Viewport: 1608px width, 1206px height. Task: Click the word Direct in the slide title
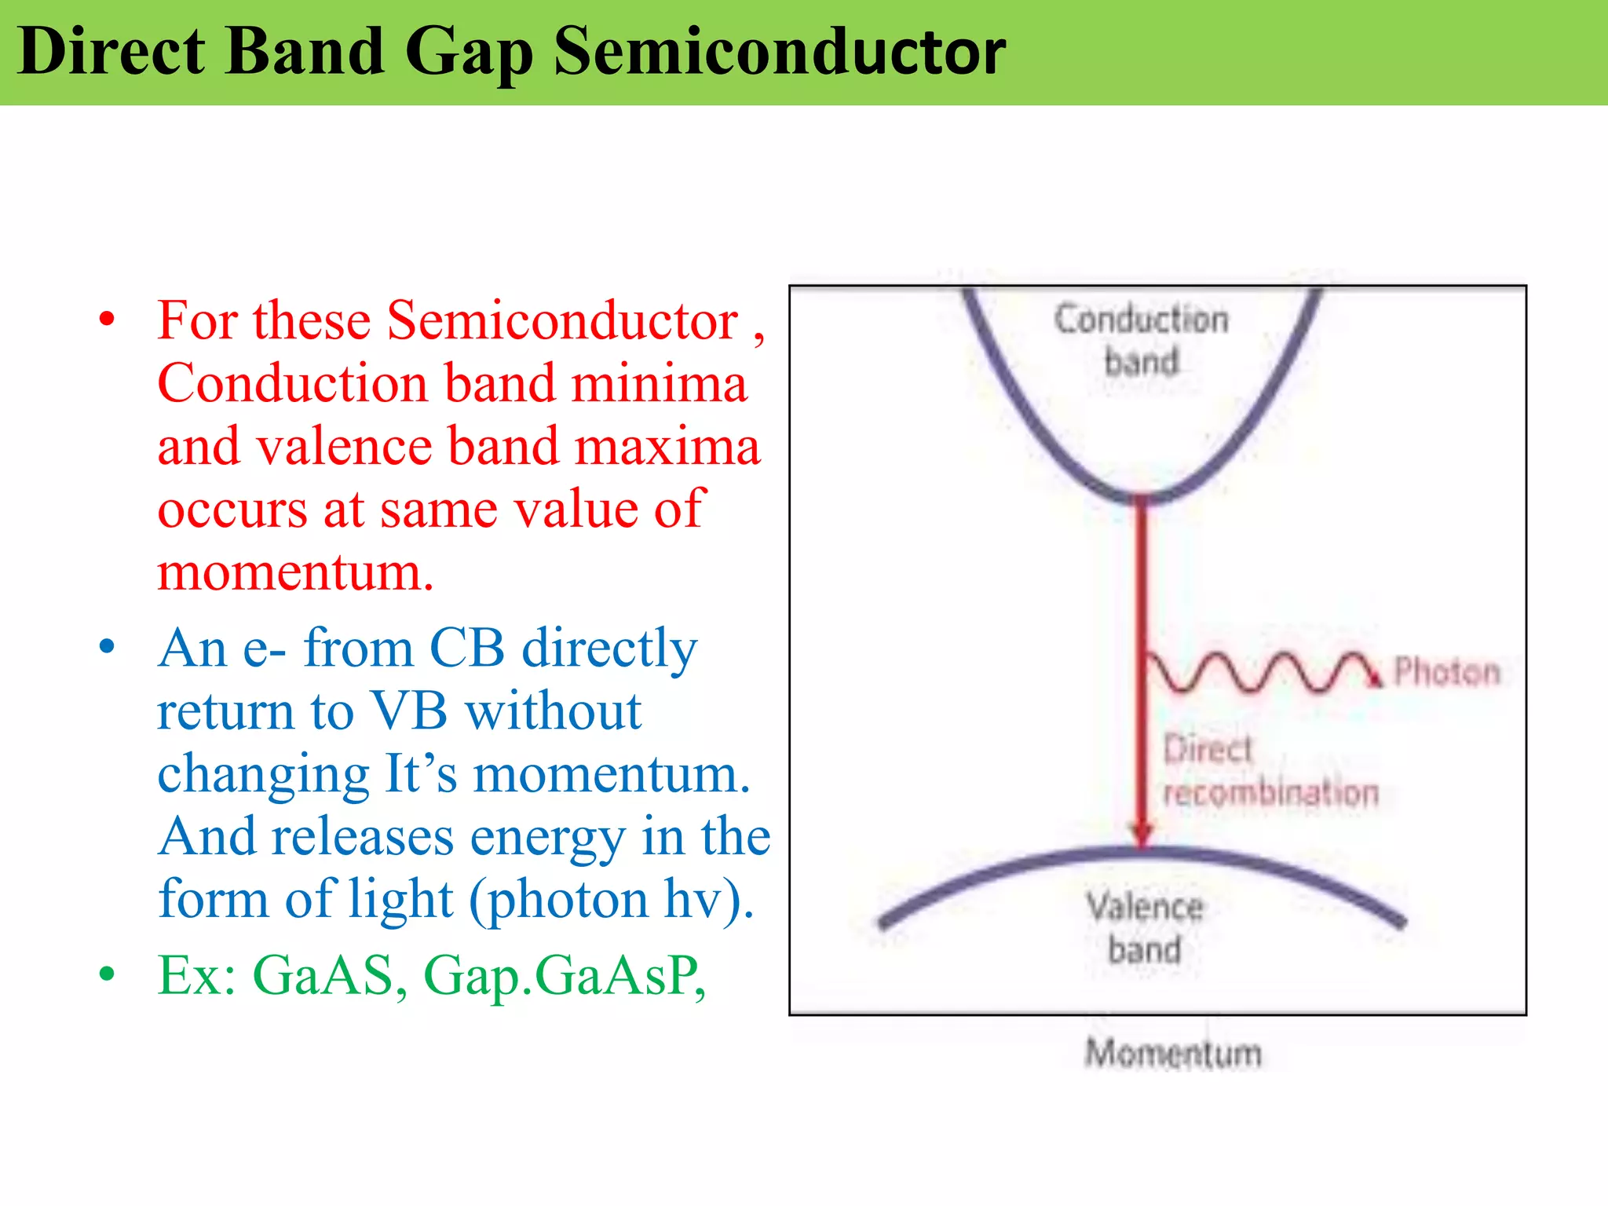click(x=111, y=52)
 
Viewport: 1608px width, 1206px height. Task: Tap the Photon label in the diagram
click(x=1445, y=672)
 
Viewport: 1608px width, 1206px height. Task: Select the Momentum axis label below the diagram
click(x=1173, y=1053)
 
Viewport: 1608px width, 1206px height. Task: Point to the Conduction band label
click(x=1142, y=340)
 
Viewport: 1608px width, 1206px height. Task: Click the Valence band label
click(x=1145, y=928)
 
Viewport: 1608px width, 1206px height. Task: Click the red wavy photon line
click(x=1256, y=673)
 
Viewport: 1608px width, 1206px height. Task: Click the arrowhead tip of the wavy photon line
click(x=1374, y=678)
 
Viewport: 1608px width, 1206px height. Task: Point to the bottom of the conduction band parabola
click(x=1142, y=496)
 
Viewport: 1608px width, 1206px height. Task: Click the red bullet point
click(x=108, y=320)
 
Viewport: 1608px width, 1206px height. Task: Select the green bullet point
click(x=108, y=974)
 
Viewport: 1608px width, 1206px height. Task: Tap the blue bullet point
click(x=108, y=648)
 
